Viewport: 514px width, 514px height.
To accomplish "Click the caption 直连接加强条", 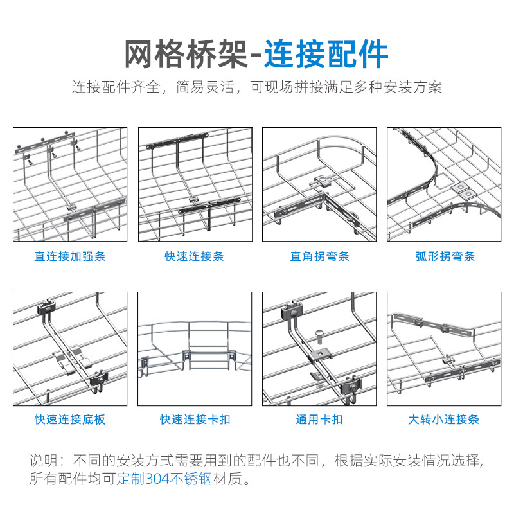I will coord(70,256).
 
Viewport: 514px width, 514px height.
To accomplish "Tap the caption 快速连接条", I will coord(195,256).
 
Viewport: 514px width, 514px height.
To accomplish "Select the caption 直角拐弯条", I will coord(319,256).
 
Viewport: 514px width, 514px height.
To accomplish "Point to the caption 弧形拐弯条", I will coord(445,256).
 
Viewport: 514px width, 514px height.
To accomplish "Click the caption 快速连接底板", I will coord(70,420).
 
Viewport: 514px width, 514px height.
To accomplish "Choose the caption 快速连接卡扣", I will coord(195,420).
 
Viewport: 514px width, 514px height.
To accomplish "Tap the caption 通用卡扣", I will coord(319,420).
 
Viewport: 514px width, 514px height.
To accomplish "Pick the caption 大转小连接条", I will coord(445,420).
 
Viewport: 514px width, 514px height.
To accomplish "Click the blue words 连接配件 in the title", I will coord(326,55).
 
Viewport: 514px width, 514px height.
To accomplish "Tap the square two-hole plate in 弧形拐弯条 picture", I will coord(464,190).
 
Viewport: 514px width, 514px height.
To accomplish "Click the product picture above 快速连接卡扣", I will coord(195,349).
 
